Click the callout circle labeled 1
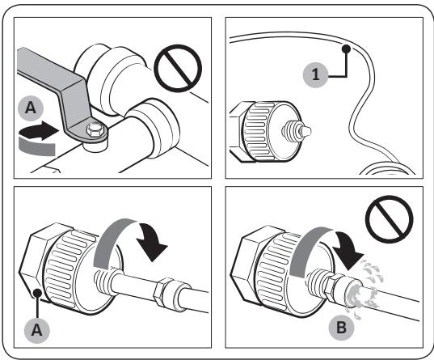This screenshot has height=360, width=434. (315, 74)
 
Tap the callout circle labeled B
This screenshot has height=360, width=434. (342, 328)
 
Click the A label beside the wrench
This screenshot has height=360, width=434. (31, 108)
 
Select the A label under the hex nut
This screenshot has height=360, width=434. (37, 330)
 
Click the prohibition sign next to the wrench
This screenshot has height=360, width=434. (178, 68)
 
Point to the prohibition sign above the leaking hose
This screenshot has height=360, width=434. (390, 219)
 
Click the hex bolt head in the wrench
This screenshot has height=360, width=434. (95, 129)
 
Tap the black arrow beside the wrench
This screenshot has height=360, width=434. (39, 129)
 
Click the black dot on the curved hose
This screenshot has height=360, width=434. (346, 49)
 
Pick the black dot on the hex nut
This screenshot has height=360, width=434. (37, 293)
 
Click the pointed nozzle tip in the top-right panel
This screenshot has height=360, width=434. (306, 130)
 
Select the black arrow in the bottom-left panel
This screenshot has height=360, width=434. (152, 240)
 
